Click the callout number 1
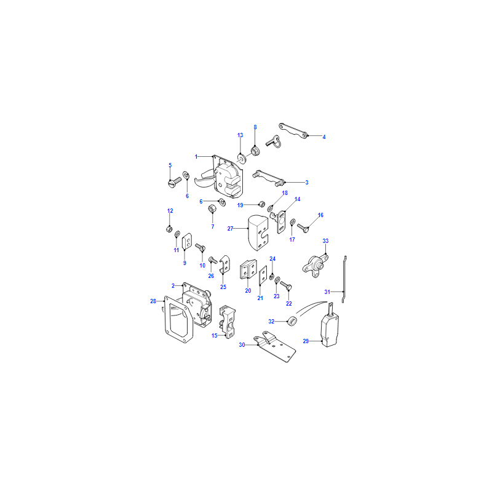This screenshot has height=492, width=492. point(196,157)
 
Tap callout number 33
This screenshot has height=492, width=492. point(325,241)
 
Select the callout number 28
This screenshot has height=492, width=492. point(153,301)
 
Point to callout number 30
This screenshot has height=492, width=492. point(242,345)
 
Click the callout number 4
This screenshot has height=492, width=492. point(324,137)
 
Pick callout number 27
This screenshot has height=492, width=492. point(230,229)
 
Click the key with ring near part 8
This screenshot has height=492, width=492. point(274,141)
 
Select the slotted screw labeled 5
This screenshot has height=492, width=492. point(175,182)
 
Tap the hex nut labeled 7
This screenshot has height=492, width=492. point(212,208)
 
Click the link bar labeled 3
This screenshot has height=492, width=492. point(269,178)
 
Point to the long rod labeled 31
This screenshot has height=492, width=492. point(344,279)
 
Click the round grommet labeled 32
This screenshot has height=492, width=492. point(292,321)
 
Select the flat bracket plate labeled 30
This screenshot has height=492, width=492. point(276,346)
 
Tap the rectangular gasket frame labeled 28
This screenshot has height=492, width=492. point(178,319)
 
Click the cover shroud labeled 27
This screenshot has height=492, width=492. point(258,232)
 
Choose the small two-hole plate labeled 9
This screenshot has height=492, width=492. point(187,241)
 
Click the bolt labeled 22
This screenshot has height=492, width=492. point(286,285)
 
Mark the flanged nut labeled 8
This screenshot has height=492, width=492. point(255,151)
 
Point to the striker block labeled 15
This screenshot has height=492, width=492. point(228,321)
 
